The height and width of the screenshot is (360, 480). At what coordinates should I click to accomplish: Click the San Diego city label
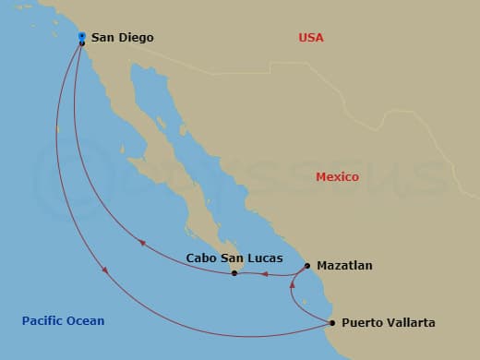click(122, 38)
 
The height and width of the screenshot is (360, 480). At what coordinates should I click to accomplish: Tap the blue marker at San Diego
click(82, 36)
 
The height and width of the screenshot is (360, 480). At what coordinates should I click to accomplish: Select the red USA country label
click(311, 38)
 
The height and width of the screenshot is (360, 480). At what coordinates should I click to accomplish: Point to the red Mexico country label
click(337, 176)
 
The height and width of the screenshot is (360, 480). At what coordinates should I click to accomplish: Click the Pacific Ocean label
click(63, 321)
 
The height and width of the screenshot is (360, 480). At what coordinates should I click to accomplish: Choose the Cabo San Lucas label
click(234, 258)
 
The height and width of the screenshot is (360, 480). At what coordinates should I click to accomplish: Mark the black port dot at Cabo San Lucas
click(234, 273)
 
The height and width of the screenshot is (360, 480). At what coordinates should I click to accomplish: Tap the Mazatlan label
click(344, 266)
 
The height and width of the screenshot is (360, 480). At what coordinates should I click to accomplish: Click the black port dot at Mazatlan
click(307, 266)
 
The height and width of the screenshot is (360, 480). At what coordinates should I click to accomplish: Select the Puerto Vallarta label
click(388, 323)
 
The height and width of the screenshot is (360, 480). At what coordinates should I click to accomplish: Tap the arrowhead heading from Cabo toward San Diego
click(142, 243)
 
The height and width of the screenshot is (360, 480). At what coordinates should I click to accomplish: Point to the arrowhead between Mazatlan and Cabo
click(265, 273)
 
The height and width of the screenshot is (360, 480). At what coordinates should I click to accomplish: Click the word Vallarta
click(410, 323)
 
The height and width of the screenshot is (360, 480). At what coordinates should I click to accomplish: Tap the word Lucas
click(265, 258)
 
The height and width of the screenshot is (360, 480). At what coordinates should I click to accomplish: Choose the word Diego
click(136, 38)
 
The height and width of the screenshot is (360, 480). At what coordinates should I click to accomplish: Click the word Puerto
click(362, 323)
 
